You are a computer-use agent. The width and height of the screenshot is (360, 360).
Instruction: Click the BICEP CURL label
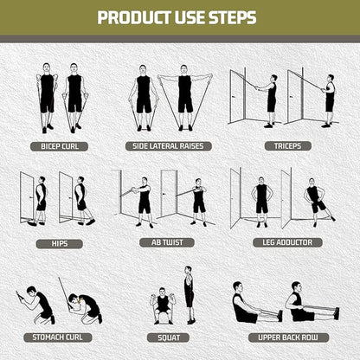pyautogui.click(x=59, y=146)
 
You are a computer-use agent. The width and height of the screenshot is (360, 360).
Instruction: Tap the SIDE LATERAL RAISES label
pyautogui.click(x=169, y=146)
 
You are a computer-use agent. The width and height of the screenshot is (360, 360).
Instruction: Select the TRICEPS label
pyautogui.click(x=287, y=146)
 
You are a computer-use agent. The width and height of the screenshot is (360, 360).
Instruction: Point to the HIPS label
pyautogui.click(x=60, y=243)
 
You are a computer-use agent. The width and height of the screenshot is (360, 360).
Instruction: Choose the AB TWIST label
pyautogui.click(x=167, y=242)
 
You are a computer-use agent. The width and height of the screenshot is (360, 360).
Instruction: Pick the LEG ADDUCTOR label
pyautogui.click(x=287, y=242)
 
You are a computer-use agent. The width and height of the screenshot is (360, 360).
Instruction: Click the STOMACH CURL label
pyautogui.click(x=57, y=337)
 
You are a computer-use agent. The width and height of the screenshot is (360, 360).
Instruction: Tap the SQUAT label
pyautogui.click(x=169, y=337)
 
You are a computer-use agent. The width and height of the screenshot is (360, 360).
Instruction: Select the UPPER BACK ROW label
pyautogui.click(x=288, y=337)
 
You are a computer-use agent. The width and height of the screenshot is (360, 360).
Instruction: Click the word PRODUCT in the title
pyautogui.click(x=135, y=17)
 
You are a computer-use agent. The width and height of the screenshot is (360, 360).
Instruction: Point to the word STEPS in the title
pyautogui.click(x=233, y=17)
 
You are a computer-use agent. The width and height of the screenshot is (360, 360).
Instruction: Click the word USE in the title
pyautogui.click(x=190, y=17)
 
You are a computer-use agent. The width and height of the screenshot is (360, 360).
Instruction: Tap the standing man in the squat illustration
pyautogui.click(x=189, y=295)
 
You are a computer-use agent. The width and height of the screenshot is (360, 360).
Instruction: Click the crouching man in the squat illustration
pyautogui.click(x=163, y=305)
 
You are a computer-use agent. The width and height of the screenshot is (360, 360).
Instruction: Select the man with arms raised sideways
pyautogui.click(x=184, y=98)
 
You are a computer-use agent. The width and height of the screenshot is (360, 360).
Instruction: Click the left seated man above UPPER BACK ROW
pyautogui.click(x=254, y=303)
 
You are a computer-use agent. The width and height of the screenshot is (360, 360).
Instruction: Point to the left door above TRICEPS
pyautogui.click(x=238, y=97)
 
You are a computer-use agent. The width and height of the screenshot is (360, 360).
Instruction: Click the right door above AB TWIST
pyautogui.click(x=168, y=193)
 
